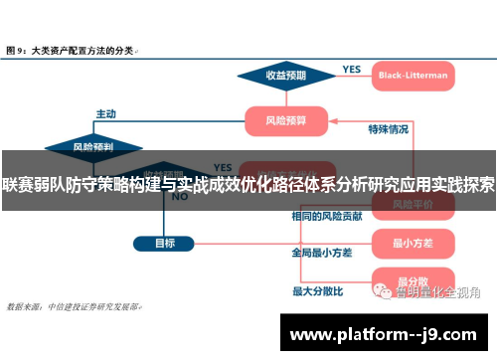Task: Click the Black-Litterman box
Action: pyautogui.click(x=413, y=75)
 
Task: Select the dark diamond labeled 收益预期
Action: pyautogui.click(x=284, y=75)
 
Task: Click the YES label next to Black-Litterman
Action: pyautogui.click(x=351, y=69)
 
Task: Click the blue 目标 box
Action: pyautogui.click(x=164, y=242)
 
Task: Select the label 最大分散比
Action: pyautogui.click(x=317, y=290)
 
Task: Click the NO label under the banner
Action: pyautogui.click(x=180, y=197)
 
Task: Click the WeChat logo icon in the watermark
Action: pyautogui.click(x=381, y=291)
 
